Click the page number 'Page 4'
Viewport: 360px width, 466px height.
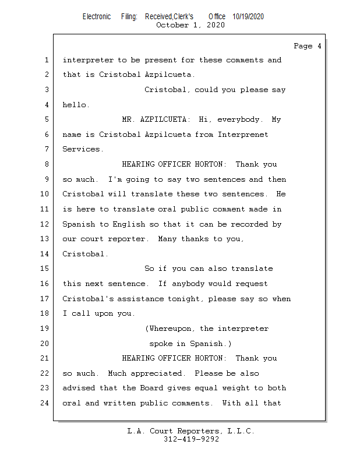307,46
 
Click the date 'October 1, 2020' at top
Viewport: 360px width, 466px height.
190,25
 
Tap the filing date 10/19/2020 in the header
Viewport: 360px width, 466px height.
248,16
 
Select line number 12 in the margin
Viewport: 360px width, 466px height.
45,224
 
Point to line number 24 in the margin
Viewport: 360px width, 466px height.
45,403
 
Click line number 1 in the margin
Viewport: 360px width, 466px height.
47,60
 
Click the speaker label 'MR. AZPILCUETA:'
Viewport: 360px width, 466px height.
156,120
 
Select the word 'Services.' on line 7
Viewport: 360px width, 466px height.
83,150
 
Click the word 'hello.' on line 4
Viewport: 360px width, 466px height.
76,105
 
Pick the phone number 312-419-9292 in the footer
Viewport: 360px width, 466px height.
191,440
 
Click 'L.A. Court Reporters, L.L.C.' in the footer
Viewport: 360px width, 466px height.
191,432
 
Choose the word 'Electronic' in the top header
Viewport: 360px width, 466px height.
97,16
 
